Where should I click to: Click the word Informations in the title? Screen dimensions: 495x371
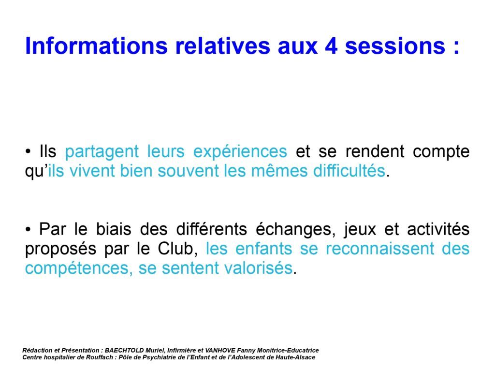pos(96,46)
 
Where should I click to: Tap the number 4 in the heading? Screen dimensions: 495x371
pos(332,46)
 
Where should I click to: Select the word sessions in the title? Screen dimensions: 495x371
pos(395,46)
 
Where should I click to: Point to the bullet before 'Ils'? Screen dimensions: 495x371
pos(28,152)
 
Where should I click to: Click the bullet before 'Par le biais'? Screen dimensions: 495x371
pos(28,230)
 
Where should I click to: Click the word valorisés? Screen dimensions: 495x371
pos(258,268)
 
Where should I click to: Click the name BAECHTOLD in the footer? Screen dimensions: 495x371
pos(124,351)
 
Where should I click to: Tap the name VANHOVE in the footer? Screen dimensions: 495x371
pos(220,351)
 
